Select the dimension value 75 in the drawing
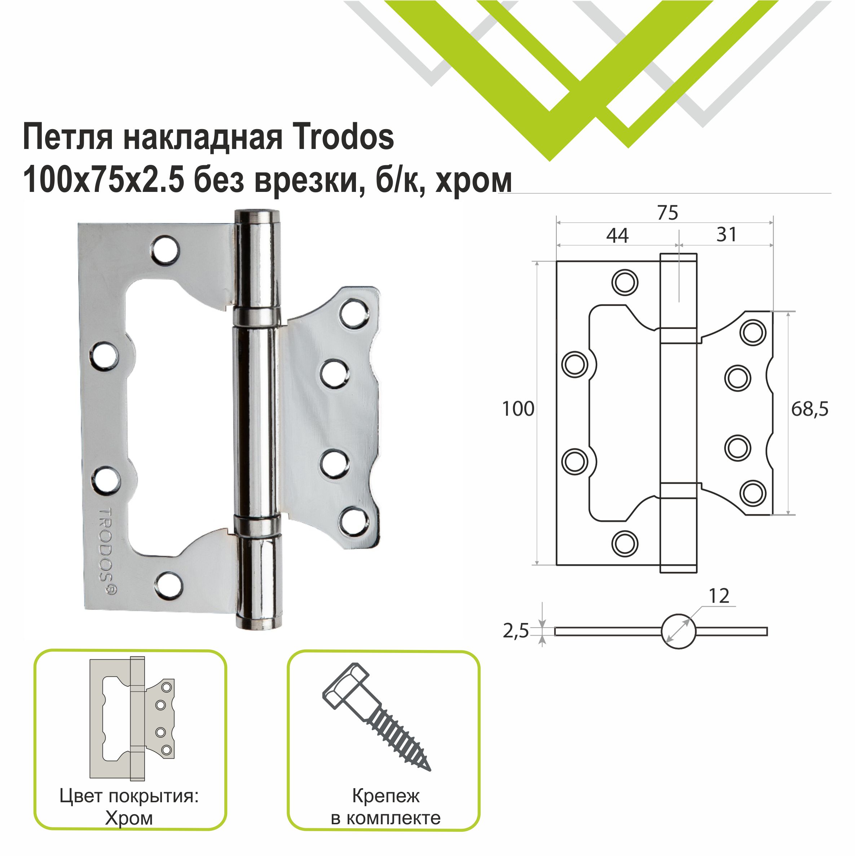667,213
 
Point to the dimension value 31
727,234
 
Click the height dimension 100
518,409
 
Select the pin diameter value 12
719,596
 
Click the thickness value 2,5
516,631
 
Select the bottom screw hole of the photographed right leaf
354,522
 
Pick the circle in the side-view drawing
678,631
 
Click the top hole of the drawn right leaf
753,332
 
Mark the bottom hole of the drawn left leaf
625,543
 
